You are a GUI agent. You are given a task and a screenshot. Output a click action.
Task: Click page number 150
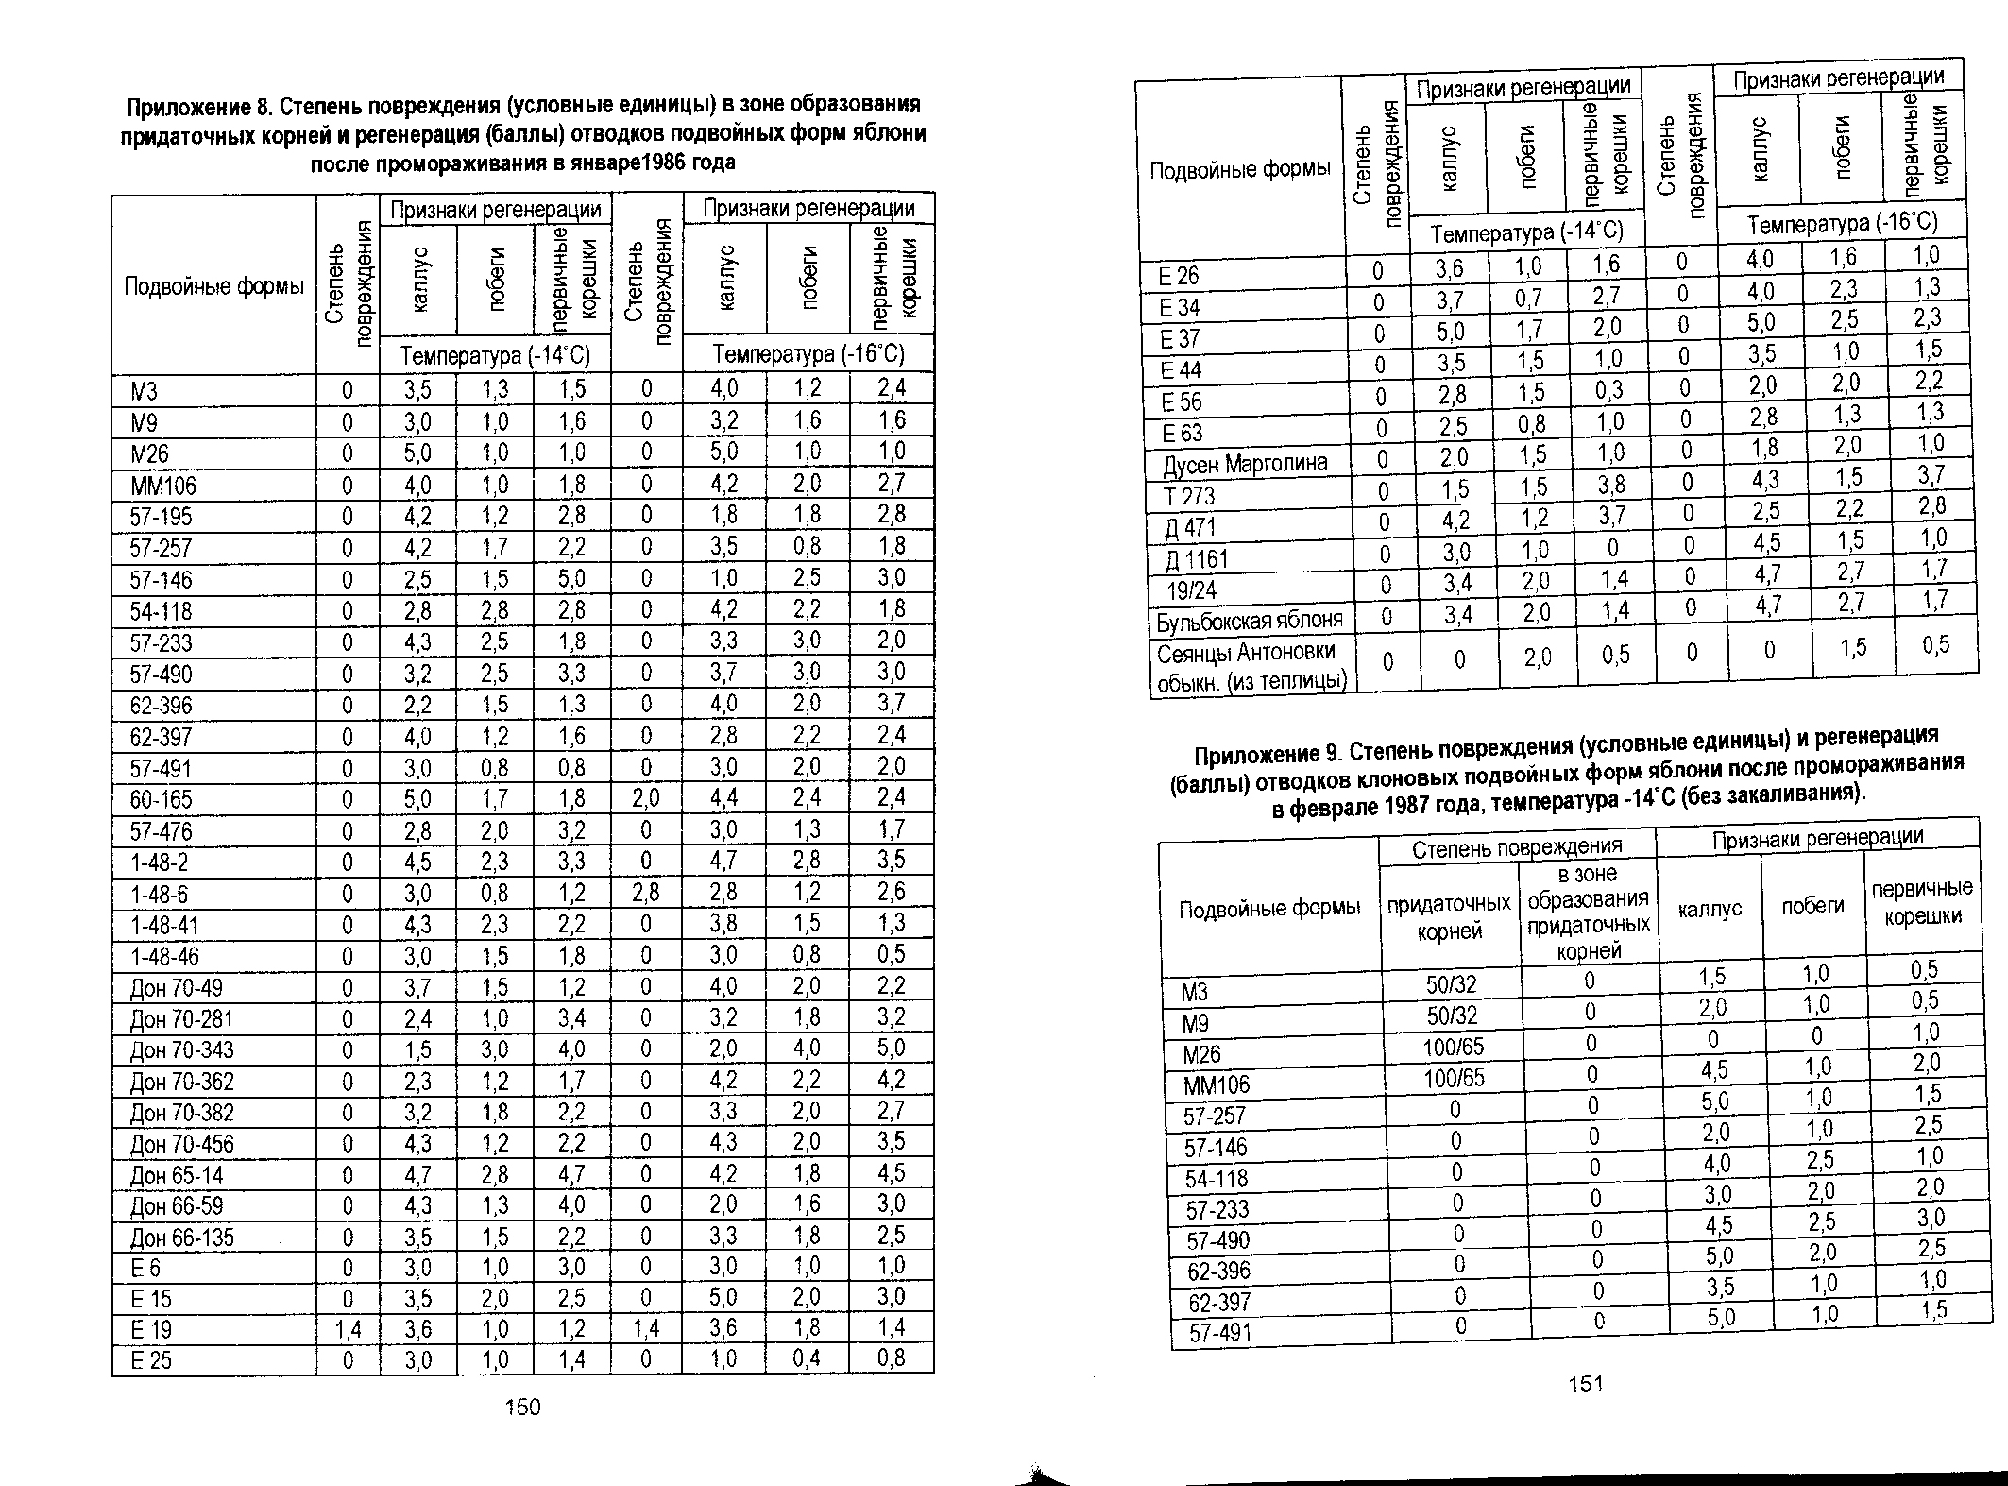pos(522,1408)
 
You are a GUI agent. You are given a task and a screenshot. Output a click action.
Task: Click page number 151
pos(1586,1384)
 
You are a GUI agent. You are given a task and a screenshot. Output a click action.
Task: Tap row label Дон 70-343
pos(182,1050)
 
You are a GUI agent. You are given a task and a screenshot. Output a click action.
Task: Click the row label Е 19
pos(151,1330)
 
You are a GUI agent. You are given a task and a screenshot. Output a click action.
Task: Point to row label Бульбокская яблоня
pos(1249,621)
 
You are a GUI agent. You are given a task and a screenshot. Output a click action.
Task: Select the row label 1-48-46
pos(165,956)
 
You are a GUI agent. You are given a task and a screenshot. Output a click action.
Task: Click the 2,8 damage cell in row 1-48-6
pos(646,893)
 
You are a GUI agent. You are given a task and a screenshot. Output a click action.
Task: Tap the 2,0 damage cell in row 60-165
pos(646,799)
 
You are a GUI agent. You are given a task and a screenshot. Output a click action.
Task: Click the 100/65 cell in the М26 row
pos(1454,1047)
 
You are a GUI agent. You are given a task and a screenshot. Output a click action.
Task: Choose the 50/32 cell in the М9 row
pos(1452,1016)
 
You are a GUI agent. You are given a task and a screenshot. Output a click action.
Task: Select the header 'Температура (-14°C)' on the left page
pos(495,356)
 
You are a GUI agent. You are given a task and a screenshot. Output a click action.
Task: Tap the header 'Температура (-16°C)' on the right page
pos(1842,224)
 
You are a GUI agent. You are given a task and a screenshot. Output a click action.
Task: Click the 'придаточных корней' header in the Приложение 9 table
pos(1449,917)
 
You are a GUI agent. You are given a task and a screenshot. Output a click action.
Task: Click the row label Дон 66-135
pos(182,1238)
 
